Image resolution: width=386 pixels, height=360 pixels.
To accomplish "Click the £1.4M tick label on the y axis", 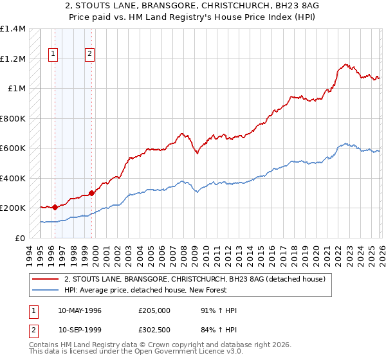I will coord(13,29).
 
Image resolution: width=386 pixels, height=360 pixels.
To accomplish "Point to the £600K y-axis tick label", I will coord(13,148).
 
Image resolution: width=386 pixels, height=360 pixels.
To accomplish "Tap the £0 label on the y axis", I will coord(21,238).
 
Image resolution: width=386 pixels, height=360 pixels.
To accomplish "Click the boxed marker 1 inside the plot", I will coord(52,55).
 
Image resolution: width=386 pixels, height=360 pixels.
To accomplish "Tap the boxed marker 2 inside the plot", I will coord(89,55).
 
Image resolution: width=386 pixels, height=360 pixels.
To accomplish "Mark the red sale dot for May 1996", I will coord(55,207).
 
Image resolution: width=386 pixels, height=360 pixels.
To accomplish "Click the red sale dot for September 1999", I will coord(92,192).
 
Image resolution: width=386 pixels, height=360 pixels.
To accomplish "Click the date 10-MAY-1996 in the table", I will coord(80,310).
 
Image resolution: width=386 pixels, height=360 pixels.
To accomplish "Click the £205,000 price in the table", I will coord(154,310).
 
